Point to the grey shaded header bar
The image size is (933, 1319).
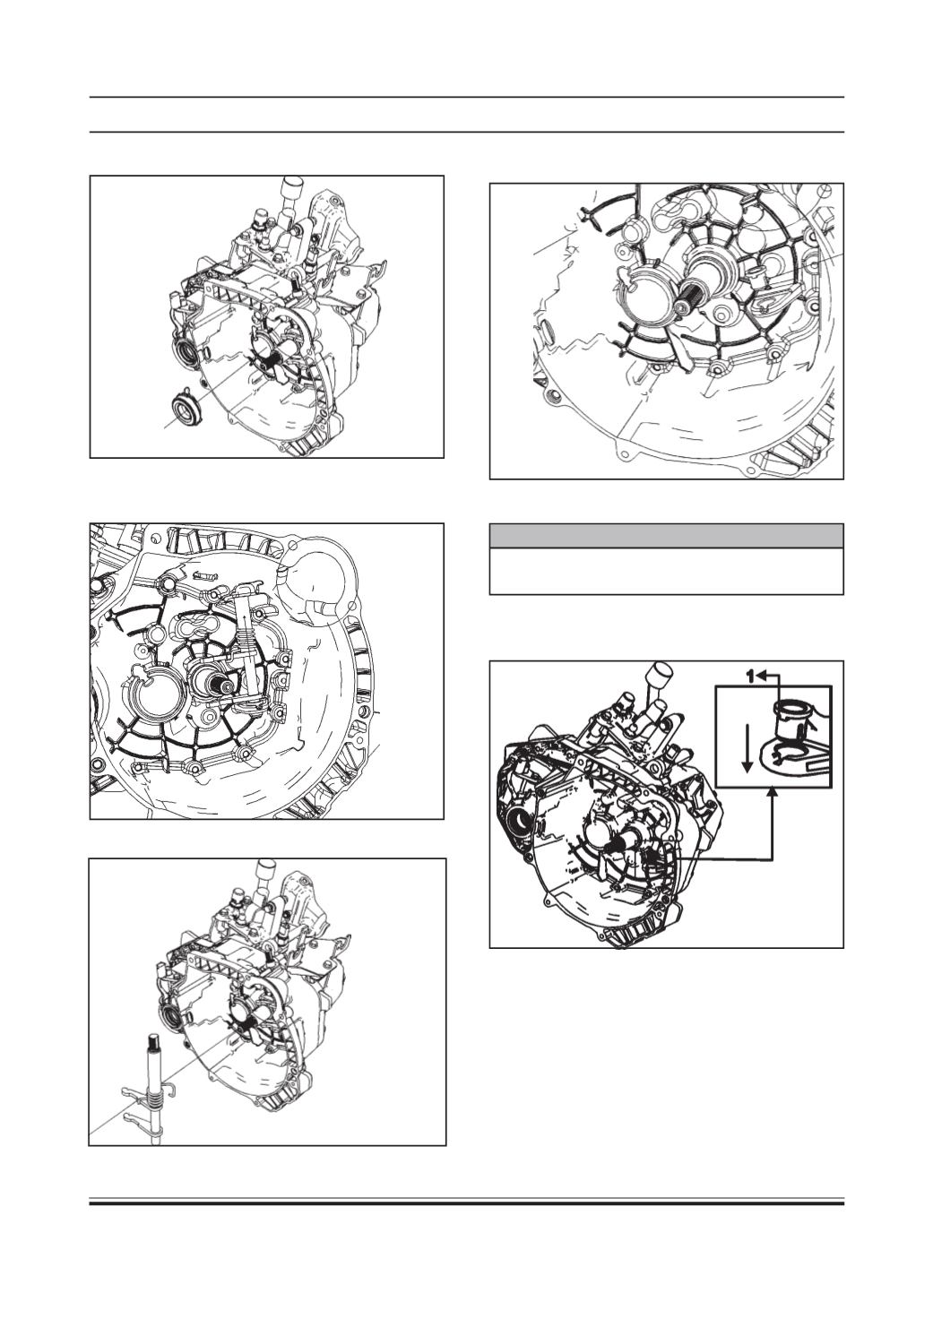[x=667, y=536]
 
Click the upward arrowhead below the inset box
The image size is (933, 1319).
[x=773, y=794]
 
